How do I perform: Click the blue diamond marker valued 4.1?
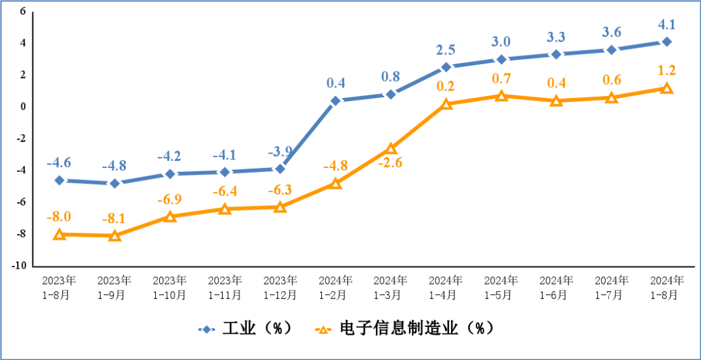point(667,42)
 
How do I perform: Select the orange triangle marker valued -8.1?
point(114,235)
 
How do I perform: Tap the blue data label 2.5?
point(446,50)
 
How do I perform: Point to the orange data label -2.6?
point(390,163)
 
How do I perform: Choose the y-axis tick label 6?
point(22,12)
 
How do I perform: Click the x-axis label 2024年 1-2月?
point(335,287)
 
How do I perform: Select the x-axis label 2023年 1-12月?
point(280,287)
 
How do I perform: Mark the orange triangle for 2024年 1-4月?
point(446,103)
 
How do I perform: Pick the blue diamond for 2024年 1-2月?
point(336,101)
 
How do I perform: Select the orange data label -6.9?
point(169,198)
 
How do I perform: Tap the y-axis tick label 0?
point(22,107)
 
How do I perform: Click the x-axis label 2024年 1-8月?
point(667,287)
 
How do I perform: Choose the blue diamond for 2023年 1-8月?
point(59,180)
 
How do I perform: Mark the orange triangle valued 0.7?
point(501,95)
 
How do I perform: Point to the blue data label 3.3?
point(556,37)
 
